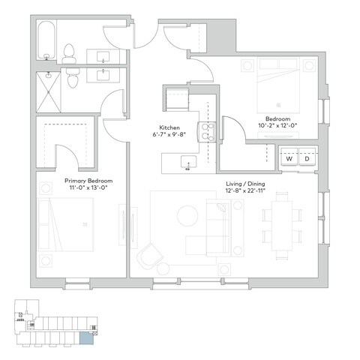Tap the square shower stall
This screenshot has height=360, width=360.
click(x=48, y=89)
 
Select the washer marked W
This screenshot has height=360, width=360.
click(x=288, y=159)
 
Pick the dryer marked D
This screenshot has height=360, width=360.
click(x=307, y=159)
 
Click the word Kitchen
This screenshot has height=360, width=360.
click(x=168, y=128)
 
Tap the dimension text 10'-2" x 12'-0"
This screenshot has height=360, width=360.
click(x=278, y=125)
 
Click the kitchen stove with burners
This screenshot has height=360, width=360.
click(x=202, y=132)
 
